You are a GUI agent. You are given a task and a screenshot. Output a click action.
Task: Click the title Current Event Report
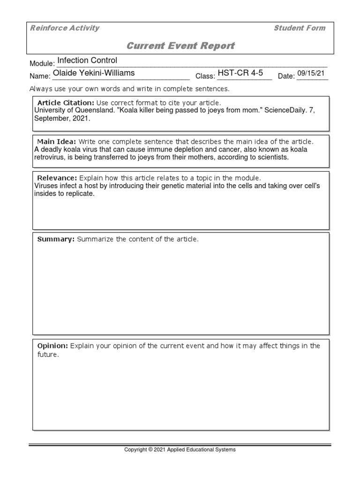(x=180, y=45)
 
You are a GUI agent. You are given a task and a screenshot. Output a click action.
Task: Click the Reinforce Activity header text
(x=65, y=28)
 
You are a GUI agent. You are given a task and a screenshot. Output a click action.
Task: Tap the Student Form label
(x=299, y=28)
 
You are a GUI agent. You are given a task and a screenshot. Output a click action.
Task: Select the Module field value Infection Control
(x=87, y=60)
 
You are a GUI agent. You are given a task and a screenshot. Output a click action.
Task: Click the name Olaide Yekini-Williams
(x=94, y=73)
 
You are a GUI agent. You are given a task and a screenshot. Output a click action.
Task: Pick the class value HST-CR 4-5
(x=240, y=73)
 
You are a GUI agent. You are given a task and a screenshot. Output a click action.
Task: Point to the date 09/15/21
(x=311, y=74)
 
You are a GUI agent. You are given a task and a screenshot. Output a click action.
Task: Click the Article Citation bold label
(x=66, y=103)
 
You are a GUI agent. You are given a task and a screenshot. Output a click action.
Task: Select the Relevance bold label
(x=57, y=178)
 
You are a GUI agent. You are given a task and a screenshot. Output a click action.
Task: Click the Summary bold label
(x=56, y=239)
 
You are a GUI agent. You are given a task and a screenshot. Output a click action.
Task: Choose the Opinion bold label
(x=52, y=346)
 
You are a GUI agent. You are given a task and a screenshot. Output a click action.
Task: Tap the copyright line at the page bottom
(x=180, y=450)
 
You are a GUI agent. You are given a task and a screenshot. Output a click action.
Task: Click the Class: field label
(x=205, y=76)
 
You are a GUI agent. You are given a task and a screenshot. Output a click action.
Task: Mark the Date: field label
(x=286, y=76)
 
